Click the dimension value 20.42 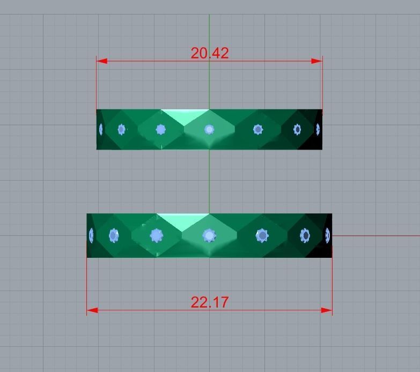click(x=209, y=53)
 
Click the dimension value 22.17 click(x=209, y=302)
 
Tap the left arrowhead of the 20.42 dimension click(x=101, y=61)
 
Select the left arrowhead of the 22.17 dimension click(x=92, y=310)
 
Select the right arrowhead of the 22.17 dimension click(x=327, y=310)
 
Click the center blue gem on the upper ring click(x=209, y=129)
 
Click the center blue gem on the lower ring click(x=209, y=235)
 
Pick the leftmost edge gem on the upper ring click(x=101, y=129)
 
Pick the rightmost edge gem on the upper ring click(x=318, y=129)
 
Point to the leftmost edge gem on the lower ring click(x=91, y=235)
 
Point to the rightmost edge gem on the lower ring click(x=327, y=235)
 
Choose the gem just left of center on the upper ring click(x=160, y=129)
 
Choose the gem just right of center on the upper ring click(x=258, y=129)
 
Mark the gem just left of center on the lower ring click(x=156, y=235)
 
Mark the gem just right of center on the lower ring click(x=262, y=235)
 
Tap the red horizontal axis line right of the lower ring click(x=375, y=235)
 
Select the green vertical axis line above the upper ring click(x=209, y=32)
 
